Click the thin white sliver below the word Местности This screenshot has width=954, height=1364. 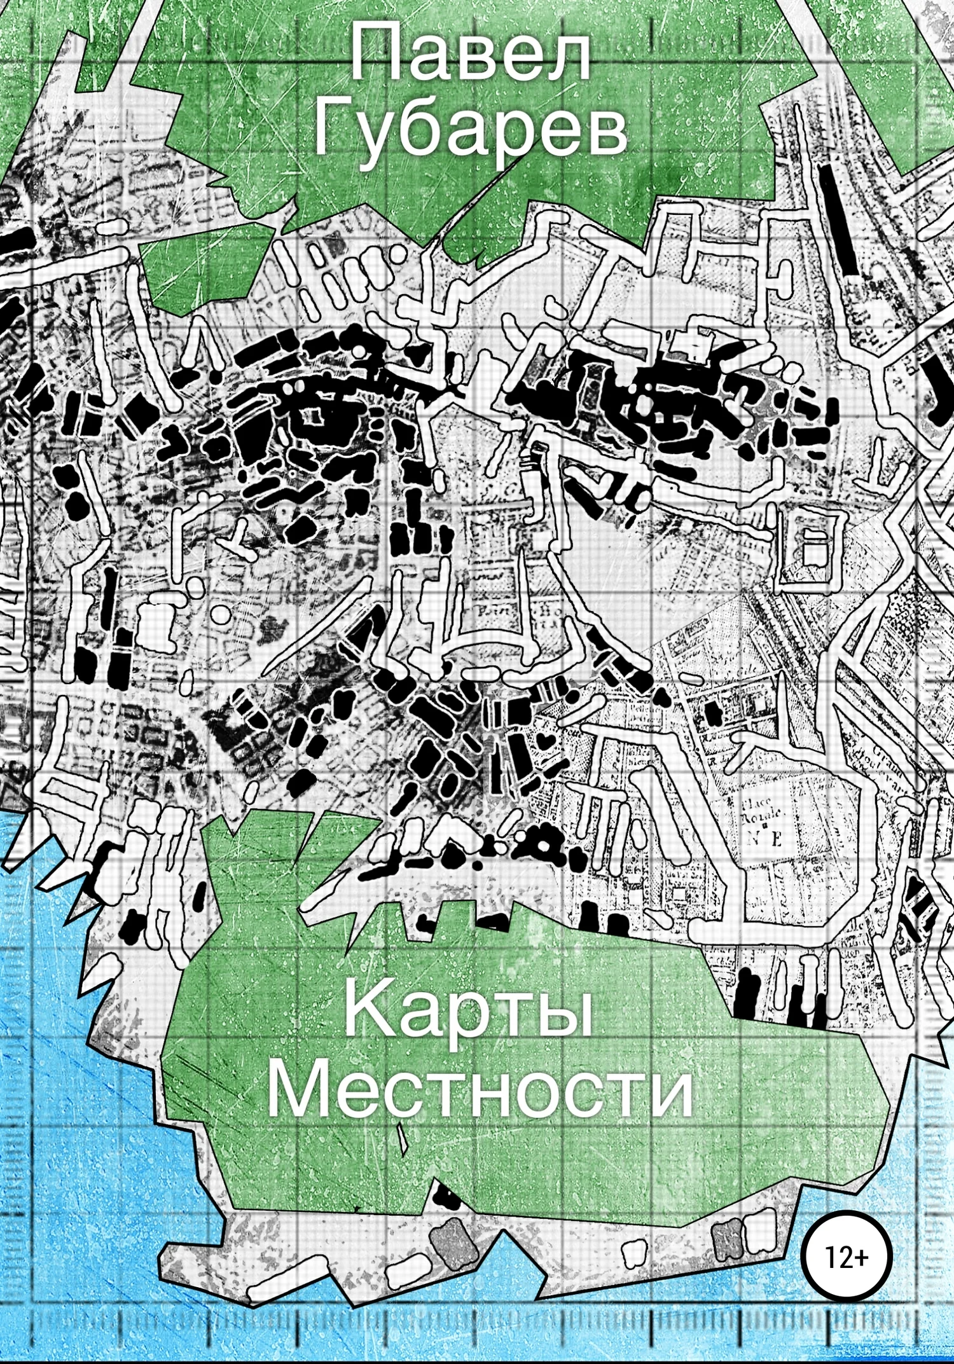coord(401,1138)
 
